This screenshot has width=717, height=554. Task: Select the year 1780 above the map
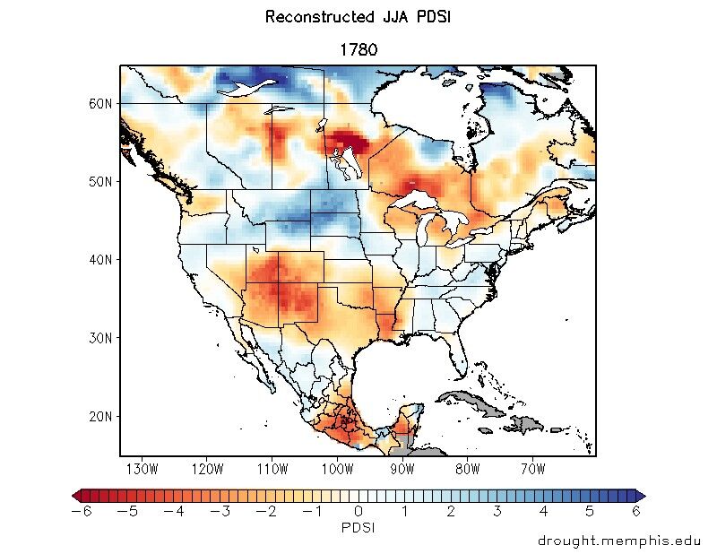click(x=358, y=50)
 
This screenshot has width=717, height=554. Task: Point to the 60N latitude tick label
click(x=100, y=103)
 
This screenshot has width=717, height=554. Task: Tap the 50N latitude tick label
click(x=100, y=181)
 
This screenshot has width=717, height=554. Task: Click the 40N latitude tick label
click(x=100, y=260)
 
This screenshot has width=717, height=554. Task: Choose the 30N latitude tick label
click(x=100, y=338)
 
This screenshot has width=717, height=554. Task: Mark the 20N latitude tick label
click(x=100, y=417)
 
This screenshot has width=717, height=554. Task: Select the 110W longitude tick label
click(x=272, y=468)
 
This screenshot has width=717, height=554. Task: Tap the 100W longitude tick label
click(x=337, y=468)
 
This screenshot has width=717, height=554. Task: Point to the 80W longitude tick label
click(x=467, y=468)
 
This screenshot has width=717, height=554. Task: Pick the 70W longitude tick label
click(x=532, y=468)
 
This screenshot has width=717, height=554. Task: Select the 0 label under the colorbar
click(x=358, y=511)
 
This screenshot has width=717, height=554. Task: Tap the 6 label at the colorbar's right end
click(x=636, y=511)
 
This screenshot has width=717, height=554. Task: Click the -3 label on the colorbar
click(x=220, y=511)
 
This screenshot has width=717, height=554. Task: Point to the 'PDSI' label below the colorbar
click(x=358, y=527)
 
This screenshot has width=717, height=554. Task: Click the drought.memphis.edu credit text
click(x=618, y=541)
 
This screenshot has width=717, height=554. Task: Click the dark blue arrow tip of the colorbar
click(x=640, y=495)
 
